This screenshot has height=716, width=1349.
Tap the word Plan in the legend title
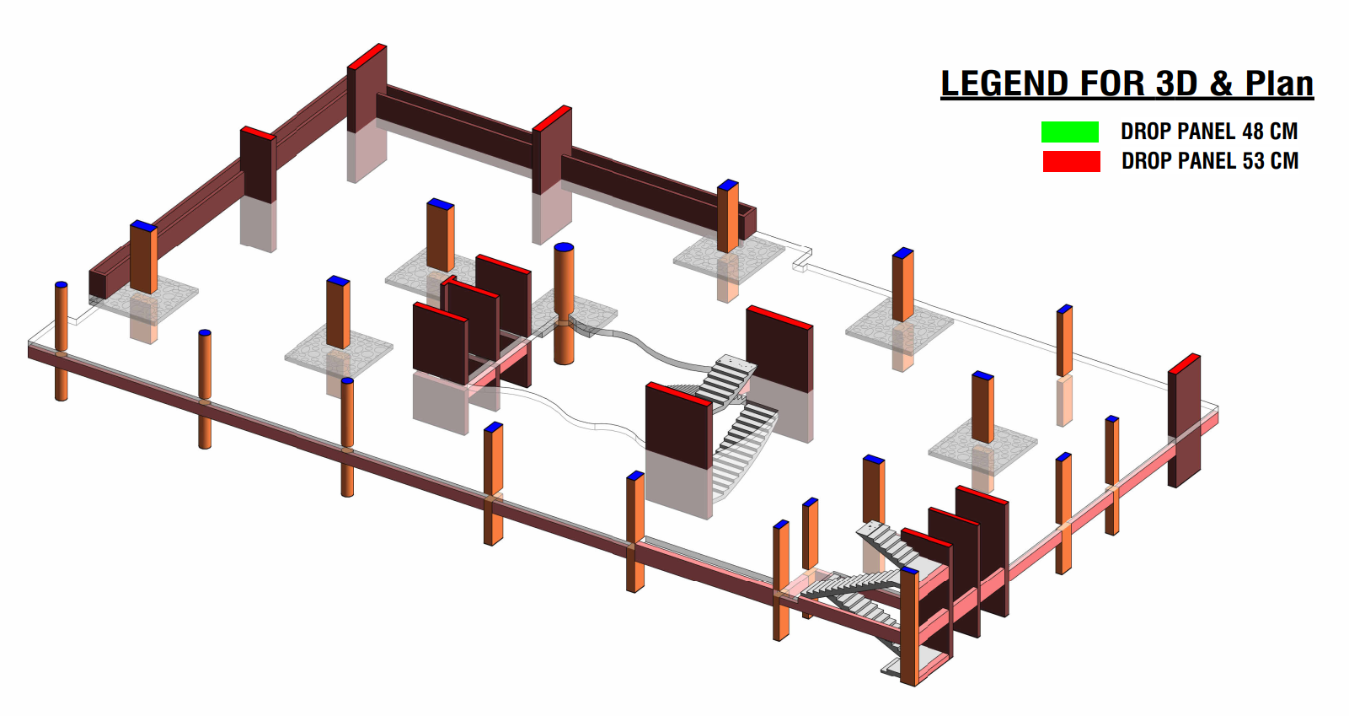(x=1279, y=84)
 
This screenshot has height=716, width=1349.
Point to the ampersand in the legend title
(x=1221, y=84)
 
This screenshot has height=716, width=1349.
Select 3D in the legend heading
(x=1176, y=84)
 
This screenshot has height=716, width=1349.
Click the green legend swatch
(x=1069, y=132)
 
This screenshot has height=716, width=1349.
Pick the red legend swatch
(x=1071, y=161)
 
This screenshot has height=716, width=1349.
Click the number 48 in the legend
(x=1252, y=132)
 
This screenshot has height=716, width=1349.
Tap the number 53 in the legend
(x=1253, y=161)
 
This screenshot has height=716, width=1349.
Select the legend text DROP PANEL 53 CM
(x=1209, y=161)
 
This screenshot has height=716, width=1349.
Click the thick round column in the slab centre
(x=564, y=304)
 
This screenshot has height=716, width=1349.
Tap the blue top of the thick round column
(x=564, y=247)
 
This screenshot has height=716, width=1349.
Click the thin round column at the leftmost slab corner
(x=61, y=337)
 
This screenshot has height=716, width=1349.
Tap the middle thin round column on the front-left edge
(x=205, y=388)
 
